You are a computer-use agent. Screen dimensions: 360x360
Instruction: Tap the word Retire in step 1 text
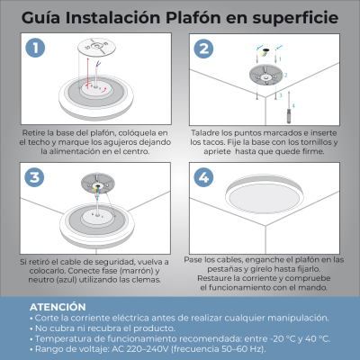(36, 132)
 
